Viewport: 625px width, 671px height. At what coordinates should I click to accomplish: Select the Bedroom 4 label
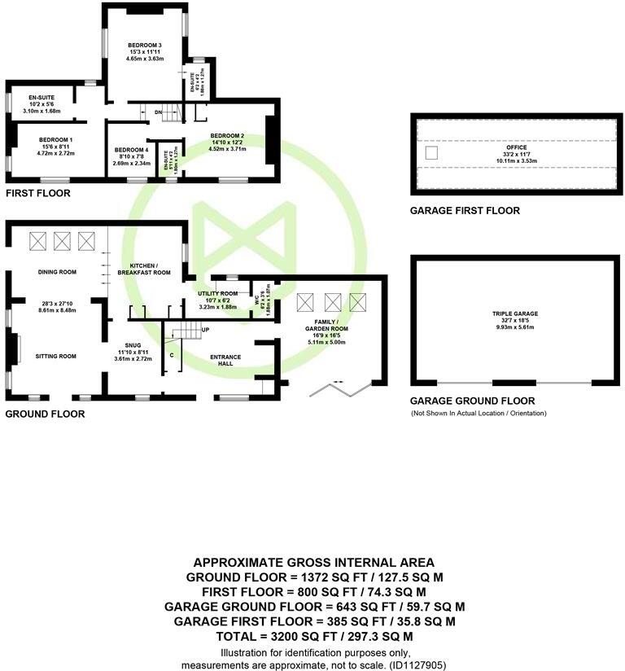click(130, 150)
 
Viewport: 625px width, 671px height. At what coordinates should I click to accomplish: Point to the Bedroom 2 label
click(227, 135)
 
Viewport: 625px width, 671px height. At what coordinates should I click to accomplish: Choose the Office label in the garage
click(517, 147)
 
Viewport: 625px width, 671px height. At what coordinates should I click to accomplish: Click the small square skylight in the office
click(433, 152)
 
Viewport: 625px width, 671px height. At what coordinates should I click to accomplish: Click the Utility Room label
click(217, 293)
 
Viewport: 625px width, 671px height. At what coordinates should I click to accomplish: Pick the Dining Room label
click(57, 272)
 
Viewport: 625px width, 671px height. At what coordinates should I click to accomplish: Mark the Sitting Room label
click(55, 356)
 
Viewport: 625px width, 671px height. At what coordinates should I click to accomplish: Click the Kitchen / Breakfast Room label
click(144, 269)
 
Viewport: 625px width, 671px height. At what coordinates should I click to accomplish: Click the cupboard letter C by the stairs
click(171, 356)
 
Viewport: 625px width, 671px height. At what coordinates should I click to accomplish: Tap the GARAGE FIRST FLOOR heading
click(465, 211)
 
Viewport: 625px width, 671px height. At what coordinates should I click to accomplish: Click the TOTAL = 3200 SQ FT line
click(313, 636)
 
